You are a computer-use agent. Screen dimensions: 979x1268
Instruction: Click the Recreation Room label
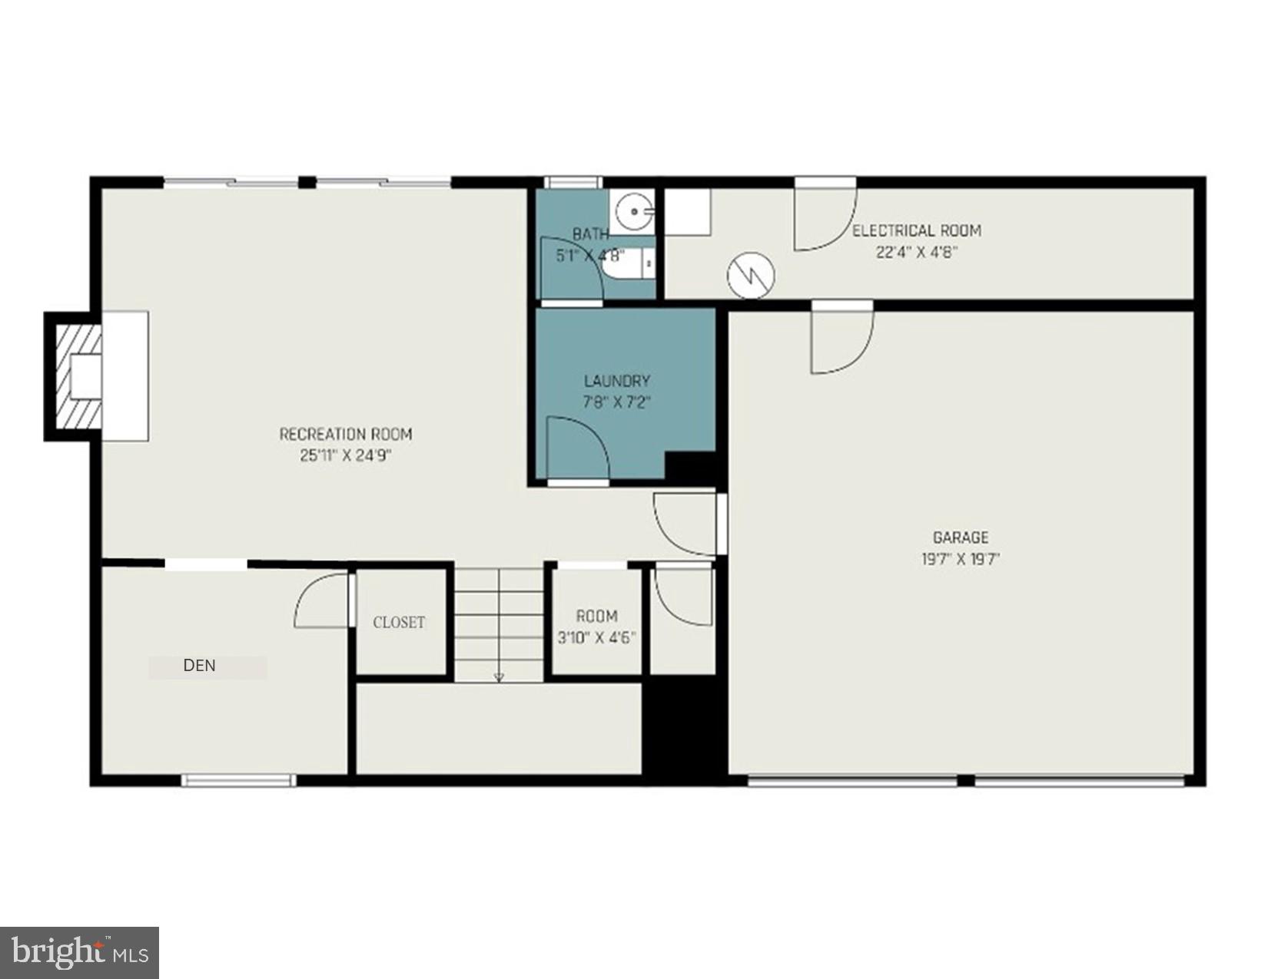345,435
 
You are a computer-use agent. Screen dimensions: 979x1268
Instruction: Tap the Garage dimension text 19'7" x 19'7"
960,559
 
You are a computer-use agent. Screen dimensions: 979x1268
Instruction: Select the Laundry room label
616,381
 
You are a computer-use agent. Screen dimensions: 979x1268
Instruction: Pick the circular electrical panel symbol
751,275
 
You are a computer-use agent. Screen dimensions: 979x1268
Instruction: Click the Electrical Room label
916,230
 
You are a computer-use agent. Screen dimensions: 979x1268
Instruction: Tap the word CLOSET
399,623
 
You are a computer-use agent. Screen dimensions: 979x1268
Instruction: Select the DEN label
200,666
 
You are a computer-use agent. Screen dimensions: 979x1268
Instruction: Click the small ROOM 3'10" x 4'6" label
596,617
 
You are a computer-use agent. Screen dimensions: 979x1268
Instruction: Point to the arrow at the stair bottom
500,676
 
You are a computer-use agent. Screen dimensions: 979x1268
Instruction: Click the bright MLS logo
80,953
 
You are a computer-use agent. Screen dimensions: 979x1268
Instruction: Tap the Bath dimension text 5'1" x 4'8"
590,255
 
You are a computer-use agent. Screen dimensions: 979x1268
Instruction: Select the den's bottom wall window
239,780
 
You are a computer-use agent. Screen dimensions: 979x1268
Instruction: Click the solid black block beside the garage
684,729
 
